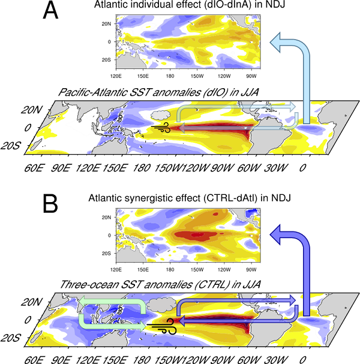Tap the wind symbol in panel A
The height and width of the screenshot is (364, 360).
click(162, 127)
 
